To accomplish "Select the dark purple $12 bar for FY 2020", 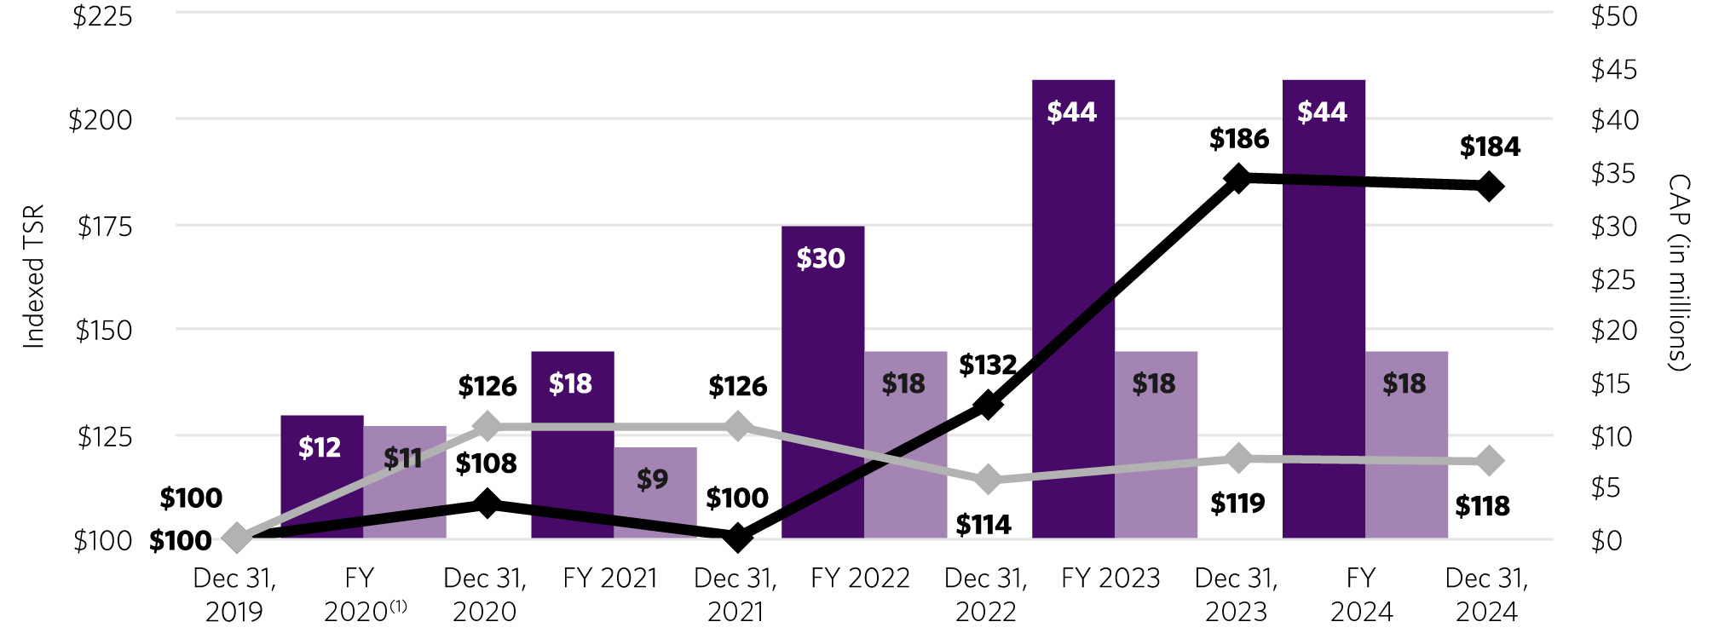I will click(321, 476).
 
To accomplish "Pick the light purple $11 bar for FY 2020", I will click(405, 482).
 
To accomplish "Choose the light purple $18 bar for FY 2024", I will click(1406, 444).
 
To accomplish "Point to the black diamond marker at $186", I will click(1238, 178).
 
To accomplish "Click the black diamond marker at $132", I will click(988, 404).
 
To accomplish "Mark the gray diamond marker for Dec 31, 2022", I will click(988, 480).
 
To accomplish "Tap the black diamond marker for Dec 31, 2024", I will click(1489, 187).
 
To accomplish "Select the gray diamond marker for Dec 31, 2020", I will click(487, 426).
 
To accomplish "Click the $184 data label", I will click(1489, 147).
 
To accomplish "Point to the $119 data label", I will click(1237, 504).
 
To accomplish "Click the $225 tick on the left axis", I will click(102, 17).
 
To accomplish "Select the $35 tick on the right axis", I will click(1613, 174).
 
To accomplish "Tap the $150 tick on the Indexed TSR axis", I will click(104, 331).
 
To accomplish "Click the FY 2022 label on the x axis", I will click(860, 579).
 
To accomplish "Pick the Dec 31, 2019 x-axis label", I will click(234, 595).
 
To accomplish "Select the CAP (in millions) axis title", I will click(1678, 273).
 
